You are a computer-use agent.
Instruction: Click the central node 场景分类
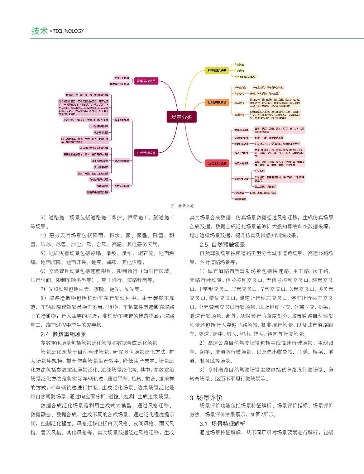(182, 117)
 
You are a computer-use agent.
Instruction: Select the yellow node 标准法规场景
(217, 71)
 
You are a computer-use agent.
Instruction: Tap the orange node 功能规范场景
(217, 103)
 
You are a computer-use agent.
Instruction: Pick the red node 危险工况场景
(217, 163)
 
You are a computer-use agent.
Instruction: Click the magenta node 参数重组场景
(146, 81)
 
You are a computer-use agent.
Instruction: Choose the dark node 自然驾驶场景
(146, 153)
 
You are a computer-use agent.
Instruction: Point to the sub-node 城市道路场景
(122, 120)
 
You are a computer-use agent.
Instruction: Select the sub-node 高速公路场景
(122, 161)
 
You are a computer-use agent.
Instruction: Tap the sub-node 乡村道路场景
(122, 186)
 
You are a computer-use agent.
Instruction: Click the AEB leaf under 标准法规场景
(245, 77)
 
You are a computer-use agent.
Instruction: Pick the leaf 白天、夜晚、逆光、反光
(265, 193)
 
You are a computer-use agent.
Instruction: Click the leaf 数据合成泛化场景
(119, 84)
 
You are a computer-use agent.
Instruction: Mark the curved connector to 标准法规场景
(192, 82)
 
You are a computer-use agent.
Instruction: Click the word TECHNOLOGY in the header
(68, 31)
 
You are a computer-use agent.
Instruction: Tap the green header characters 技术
(39, 31)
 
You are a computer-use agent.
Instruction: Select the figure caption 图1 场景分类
(182, 206)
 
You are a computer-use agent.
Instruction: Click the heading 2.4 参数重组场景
(63, 334)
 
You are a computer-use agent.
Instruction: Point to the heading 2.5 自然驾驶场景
(222, 245)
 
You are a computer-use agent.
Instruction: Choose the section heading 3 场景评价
(206, 398)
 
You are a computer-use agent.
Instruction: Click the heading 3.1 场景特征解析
(222, 424)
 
